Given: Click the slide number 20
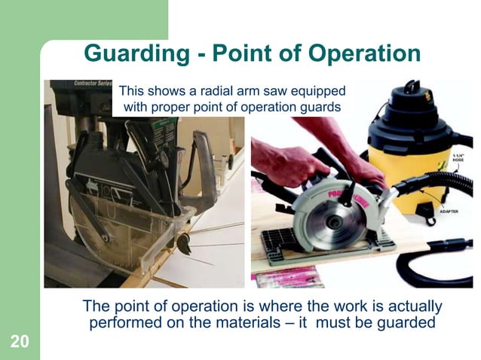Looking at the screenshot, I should (x=20, y=342).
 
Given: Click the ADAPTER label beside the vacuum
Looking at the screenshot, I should (x=451, y=213).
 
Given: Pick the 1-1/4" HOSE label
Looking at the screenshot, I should (x=457, y=157).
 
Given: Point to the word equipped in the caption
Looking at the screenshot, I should (x=316, y=91).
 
